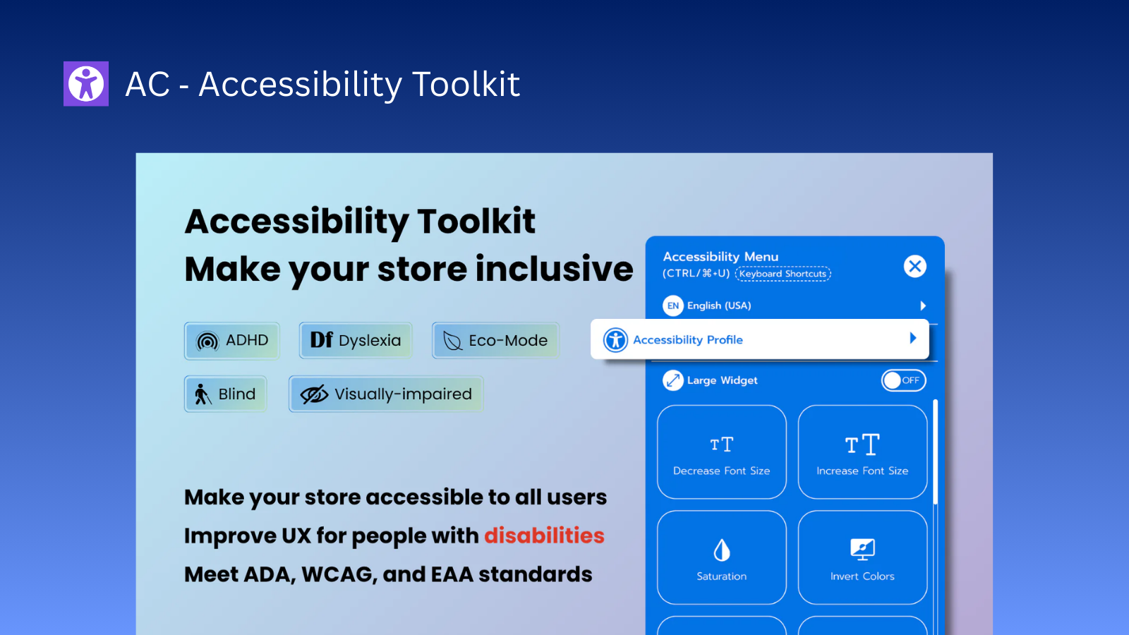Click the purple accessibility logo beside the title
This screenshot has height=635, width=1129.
point(86,84)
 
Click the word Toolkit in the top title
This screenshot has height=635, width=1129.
point(465,85)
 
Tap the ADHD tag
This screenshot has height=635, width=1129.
point(232,341)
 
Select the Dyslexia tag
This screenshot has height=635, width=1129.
point(356,341)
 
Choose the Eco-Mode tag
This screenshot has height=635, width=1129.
point(495,341)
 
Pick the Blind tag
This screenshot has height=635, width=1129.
point(226,394)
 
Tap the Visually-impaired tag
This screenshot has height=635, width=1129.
point(386,394)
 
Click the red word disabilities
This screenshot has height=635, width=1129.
point(544,536)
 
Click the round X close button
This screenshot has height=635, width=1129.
point(915,266)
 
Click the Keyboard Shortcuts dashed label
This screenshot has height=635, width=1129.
point(783,274)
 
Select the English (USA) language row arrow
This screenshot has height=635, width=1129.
point(922,306)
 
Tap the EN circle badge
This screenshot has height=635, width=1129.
point(673,306)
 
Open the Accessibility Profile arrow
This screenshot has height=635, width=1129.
point(912,339)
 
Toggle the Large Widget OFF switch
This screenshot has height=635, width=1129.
point(903,380)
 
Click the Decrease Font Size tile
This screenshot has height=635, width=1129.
point(721,452)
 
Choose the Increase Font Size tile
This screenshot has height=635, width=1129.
point(862,452)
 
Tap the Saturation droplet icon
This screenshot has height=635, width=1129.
point(721,550)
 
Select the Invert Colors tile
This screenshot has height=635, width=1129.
point(862,557)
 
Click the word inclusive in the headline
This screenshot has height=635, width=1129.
point(554,270)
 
